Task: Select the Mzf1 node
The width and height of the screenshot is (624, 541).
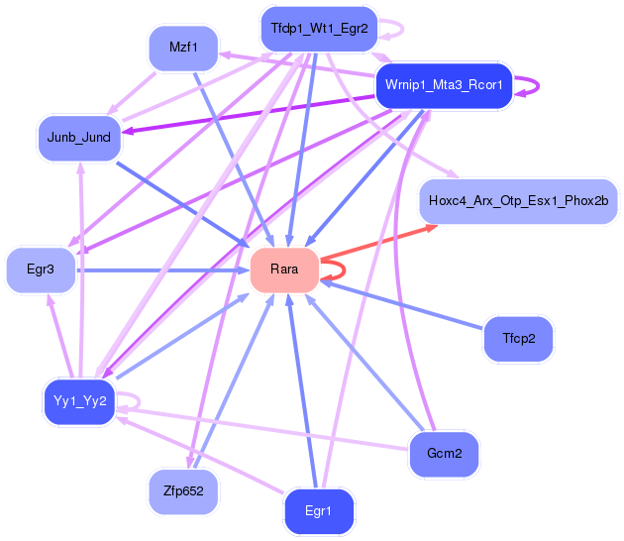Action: pos(182,47)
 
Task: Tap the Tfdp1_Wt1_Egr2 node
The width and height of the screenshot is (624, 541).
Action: pos(319,29)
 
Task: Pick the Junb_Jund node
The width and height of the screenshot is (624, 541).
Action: pos(78,136)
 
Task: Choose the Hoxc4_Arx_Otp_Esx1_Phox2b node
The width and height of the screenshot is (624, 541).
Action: pos(518,201)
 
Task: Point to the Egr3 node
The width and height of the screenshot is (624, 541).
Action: pos(41,269)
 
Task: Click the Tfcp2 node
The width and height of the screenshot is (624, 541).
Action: pos(518,339)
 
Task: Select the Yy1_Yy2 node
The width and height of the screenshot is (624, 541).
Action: pos(80,400)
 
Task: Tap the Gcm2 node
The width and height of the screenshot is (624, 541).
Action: pos(445,454)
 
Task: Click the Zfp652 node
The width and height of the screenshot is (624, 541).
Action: pos(183,490)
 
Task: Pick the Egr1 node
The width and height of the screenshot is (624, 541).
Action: pos(318,511)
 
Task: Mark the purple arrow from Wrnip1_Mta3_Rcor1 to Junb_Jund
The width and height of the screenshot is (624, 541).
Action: pos(248,109)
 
